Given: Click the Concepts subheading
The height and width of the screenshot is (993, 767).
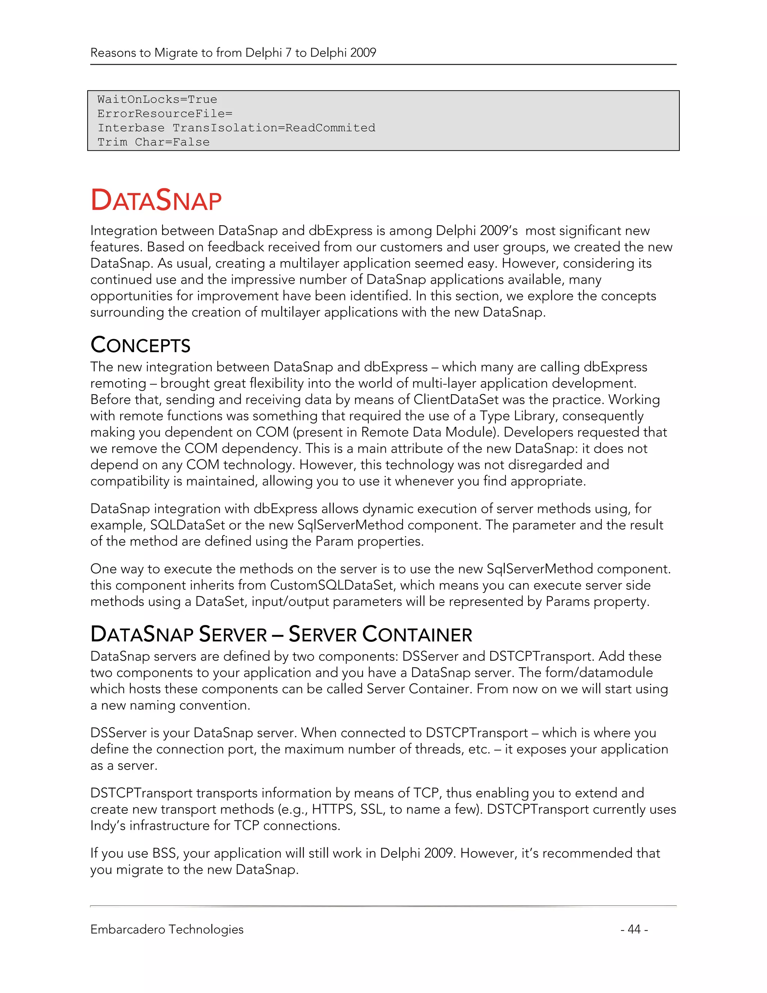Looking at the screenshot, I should [x=140, y=345].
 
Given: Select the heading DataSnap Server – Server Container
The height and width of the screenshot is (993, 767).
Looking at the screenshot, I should [x=281, y=634].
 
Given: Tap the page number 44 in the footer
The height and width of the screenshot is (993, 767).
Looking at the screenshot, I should [x=634, y=929].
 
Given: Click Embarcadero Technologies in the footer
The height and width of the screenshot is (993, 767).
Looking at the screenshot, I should [x=167, y=929].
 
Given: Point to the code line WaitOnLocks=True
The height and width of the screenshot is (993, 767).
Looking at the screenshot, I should [x=157, y=100].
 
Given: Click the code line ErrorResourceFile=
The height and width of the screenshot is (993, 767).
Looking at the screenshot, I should [x=164, y=114].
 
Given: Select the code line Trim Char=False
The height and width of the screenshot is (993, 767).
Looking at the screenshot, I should [x=154, y=142].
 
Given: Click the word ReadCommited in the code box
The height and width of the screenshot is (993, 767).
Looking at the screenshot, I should [x=330, y=128].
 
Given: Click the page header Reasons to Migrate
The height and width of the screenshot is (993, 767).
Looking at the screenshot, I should [x=233, y=53].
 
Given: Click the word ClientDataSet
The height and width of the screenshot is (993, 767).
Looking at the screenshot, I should [x=456, y=400].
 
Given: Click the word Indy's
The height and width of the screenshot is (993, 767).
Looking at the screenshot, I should [x=108, y=826].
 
